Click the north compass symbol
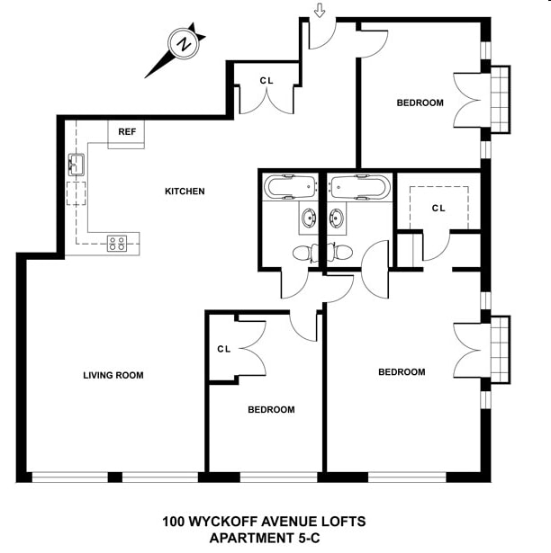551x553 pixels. (184, 44)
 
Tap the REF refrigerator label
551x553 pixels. (126, 132)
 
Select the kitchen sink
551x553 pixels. (76, 165)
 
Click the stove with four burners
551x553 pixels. (117, 242)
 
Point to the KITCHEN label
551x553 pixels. (185, 192)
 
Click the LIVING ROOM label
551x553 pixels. (113, 376)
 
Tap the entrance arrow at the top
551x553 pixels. (319, 11)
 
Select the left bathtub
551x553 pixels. (290, 187)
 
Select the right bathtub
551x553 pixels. (359, 187)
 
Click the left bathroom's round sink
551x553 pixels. (309, 217)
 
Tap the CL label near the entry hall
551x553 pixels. (266, 81)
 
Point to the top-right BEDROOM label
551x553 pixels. (420, 103)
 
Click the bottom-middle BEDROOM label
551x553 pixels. (271, 410)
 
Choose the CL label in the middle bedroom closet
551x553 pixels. (224, 349)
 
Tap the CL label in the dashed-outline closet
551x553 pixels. (438, 209)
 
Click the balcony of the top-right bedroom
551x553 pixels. (500, 99)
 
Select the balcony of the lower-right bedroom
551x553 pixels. (500, 348)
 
